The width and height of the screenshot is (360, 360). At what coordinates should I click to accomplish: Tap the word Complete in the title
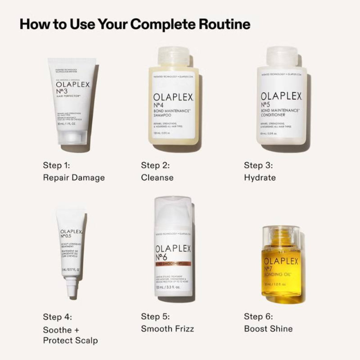(157, 24)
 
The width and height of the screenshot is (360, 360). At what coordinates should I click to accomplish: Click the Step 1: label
(57, 165)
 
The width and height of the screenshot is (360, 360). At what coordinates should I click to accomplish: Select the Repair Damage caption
(74, 177)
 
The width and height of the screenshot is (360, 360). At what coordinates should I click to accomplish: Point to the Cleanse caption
(157, 177)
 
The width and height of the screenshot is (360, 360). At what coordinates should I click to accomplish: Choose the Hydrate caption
(260, 177)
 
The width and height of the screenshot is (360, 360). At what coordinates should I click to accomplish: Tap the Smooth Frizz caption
(167, 328)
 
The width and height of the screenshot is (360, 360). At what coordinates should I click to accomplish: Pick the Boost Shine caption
(268, 328)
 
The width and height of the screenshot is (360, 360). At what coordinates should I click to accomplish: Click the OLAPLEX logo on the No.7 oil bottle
(281, 262)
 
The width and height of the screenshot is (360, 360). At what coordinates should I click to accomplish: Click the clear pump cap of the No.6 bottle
(174, 211)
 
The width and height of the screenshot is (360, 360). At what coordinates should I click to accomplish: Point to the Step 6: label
(258, 316)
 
